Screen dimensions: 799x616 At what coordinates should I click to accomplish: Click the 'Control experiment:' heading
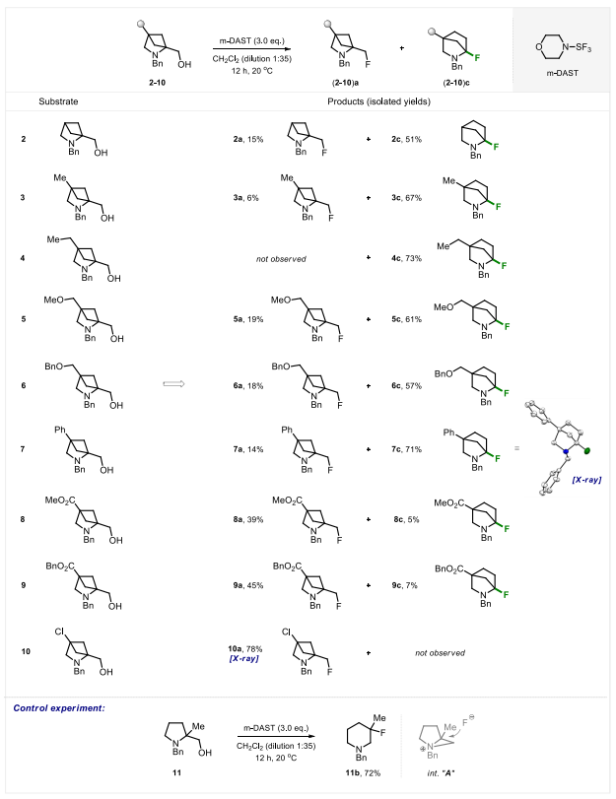click(x=54, y=706)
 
